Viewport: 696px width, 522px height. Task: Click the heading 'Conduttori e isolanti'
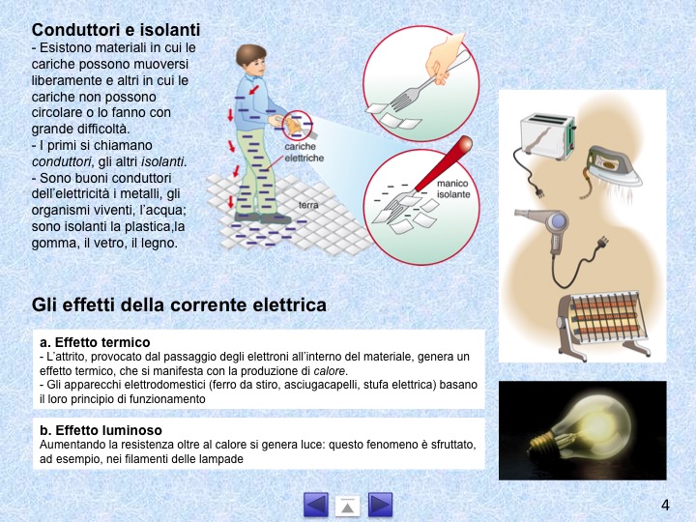(x=116, y=30)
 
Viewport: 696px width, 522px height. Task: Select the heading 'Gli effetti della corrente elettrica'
(x=179, y=304)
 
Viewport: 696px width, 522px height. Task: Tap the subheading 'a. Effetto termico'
(x=95, y=342)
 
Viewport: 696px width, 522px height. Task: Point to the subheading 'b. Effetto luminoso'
(x=101, y=430)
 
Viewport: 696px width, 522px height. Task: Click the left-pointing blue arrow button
(x=316, y=505)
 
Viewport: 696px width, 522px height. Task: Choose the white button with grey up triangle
(x=348, y=506)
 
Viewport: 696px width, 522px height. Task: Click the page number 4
(x=665, y=506)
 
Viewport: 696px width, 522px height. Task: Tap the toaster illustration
(x=548, y=135)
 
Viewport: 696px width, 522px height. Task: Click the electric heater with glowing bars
(x=603, y=324)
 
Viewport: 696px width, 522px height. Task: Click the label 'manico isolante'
(x=453, y=189)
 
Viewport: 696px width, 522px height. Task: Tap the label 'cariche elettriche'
(x=304, y=153)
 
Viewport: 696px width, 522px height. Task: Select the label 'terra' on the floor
(x=308, y=205)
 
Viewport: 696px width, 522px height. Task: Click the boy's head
(x=250, y=60)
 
